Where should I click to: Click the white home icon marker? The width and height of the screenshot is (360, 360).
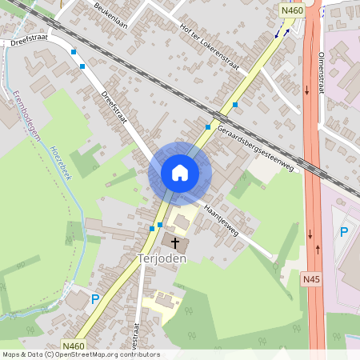[180, 172]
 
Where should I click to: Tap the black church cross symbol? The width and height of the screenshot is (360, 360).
[175, 242]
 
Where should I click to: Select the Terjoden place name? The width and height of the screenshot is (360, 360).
[162, 258]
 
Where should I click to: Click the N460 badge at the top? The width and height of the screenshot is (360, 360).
[291, 10]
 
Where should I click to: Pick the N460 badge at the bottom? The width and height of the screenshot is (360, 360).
[94, 346]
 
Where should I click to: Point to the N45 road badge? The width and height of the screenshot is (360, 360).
[312, 279]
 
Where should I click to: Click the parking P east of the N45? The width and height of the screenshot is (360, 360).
[344, 232]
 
